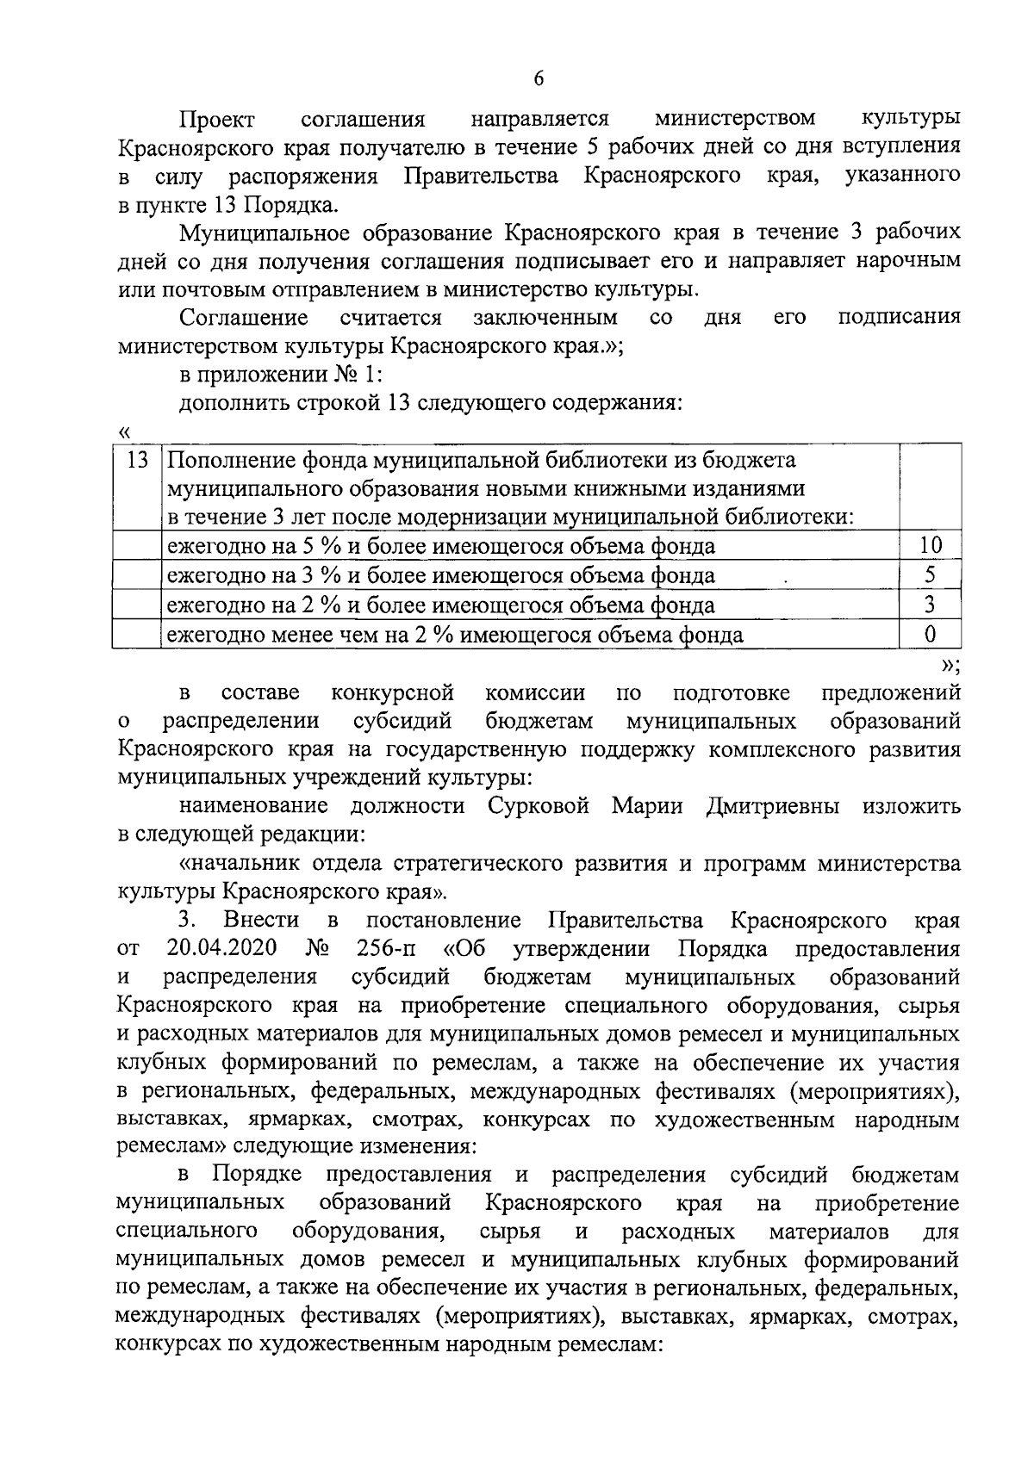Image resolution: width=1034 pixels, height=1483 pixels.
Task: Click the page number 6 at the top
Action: (539, 78)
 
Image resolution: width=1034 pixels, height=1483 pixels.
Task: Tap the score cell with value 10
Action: (930, 545)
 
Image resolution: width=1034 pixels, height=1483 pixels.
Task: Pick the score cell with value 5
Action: (930, 574)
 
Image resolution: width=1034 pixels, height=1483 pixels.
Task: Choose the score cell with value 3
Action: (930, 605)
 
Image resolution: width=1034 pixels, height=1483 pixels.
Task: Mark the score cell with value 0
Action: (930, 635)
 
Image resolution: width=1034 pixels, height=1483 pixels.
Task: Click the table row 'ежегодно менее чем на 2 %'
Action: (454, 636)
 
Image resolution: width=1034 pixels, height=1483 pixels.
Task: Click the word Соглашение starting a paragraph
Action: (244, 318)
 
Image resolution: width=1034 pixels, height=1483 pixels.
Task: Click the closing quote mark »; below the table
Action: (950, 664)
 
